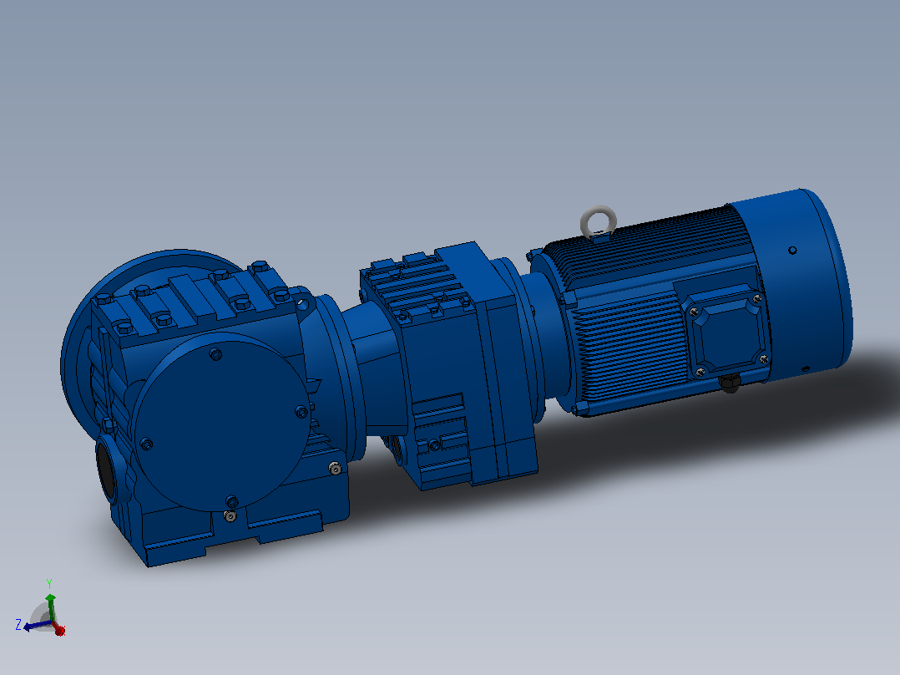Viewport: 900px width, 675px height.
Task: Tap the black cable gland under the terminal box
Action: [730, 383]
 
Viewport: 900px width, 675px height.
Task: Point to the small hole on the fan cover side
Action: [792, 251]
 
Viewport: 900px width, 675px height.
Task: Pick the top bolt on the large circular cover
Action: [215, 354]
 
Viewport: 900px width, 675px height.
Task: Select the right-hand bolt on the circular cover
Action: [301, 411]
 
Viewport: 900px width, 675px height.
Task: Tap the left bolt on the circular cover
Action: [146, 444]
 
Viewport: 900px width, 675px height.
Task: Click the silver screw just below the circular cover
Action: [230, 516]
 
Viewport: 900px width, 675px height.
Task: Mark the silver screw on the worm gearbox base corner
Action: [336, 469]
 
